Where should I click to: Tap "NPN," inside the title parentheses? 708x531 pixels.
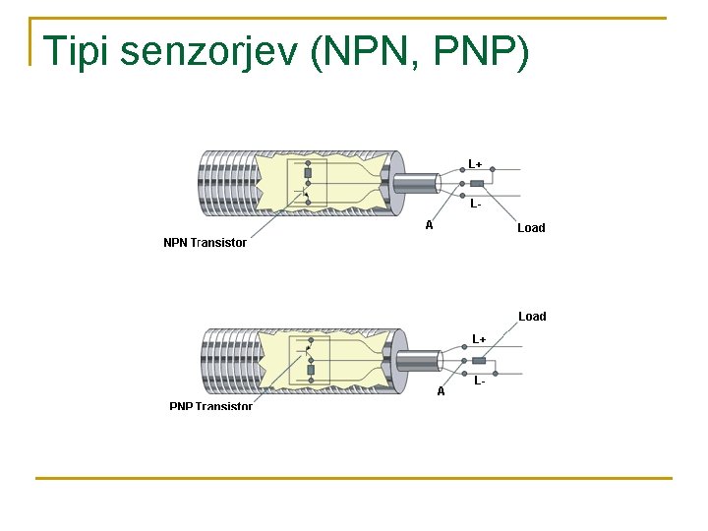(x=367, y=52)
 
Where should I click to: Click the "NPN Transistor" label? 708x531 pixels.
(x=205, y=243)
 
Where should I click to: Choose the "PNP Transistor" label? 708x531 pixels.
(x=210, y=406)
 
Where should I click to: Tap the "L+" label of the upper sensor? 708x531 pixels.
(x=475, y=164)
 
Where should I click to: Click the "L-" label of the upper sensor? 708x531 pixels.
(x=475, y=205)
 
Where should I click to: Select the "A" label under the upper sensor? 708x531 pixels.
(x=429, y=225)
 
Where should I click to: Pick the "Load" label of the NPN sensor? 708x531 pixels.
(x=531, y=228)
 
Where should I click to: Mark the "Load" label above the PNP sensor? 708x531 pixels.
(x=532, y=317)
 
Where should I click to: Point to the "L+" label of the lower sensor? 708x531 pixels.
(x=479, y=339)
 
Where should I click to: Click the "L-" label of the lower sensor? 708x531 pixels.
(x=479, y=380)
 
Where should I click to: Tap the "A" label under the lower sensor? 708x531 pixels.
(x=441, y=390)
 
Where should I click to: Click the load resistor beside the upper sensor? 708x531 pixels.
(x=477, y=183)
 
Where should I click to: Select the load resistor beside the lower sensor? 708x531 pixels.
(x=479, y=360)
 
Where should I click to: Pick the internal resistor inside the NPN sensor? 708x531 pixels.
(x=308, y=173)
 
